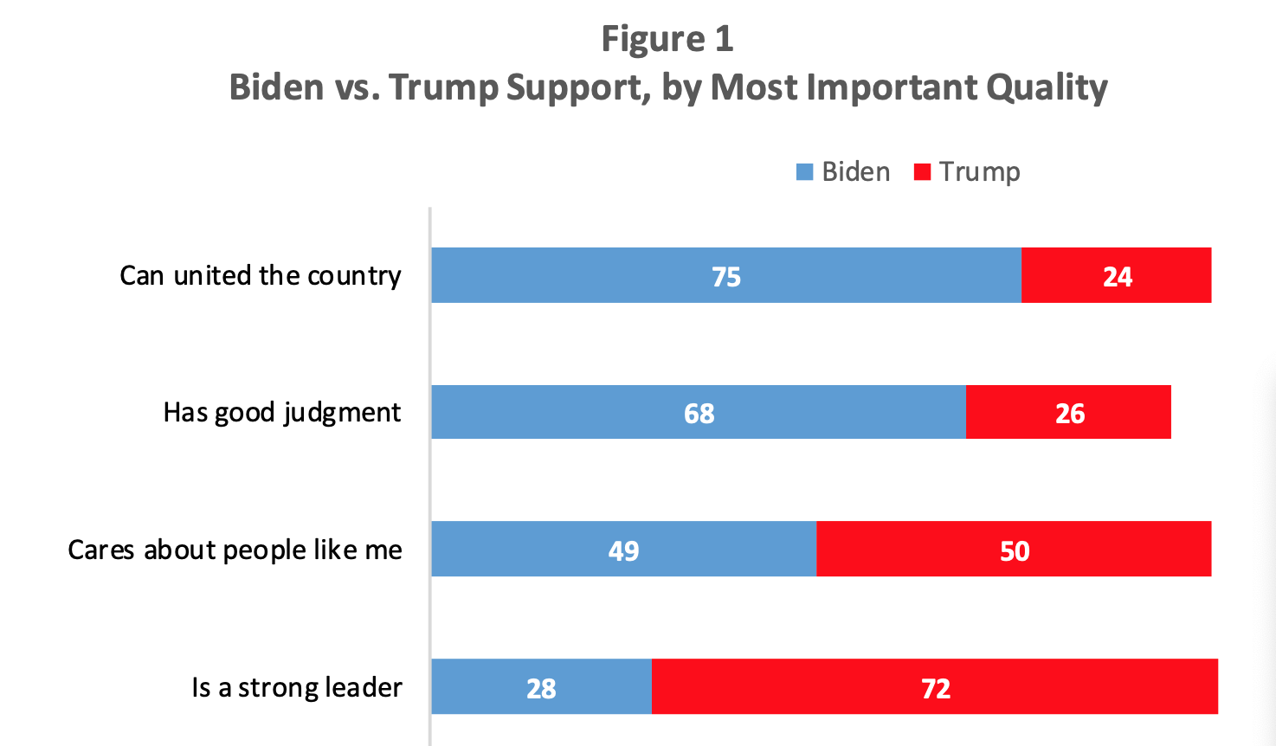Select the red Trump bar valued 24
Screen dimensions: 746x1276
click(1116, 275)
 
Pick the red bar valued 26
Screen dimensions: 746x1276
click(1068, 412)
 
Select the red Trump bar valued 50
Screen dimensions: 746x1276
click(1014, 549)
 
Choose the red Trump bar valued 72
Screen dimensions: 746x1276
click(935, 686)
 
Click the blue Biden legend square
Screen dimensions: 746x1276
click(804, 172)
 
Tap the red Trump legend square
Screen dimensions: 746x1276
click(922, 172)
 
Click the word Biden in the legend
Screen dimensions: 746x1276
click(855, 172)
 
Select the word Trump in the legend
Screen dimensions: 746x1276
click(979, 172)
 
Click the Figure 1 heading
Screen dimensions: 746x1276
click(667, 39)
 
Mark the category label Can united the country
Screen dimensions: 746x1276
click(260, 275)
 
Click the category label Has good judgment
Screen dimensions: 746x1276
click(281, 412)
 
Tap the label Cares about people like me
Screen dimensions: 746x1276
click(235, 550)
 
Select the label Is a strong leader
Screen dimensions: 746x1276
click(296, 687)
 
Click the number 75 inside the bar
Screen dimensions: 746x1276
click(725, 276)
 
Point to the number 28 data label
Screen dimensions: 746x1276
click(541, 688)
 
